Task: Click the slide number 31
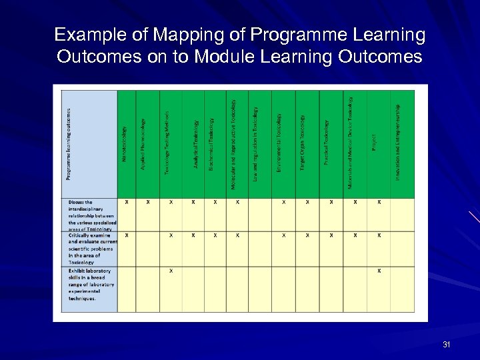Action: (446, 345)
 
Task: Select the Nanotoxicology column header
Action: (125, 143)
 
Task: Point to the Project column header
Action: (374, 143)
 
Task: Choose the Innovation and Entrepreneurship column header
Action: (398, 143)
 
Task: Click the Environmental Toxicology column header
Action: (280, 143)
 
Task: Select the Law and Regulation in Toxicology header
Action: (257, 143)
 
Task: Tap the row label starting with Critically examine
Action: (91, 249)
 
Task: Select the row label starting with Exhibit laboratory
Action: (90, 285)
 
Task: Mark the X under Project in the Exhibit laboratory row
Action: (379, 271)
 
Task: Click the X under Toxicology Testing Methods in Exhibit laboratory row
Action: (171, 271)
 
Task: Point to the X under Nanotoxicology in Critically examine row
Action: (127, 235)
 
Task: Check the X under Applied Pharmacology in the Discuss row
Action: (148, 201)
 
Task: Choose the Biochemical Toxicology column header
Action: (212, 143)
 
